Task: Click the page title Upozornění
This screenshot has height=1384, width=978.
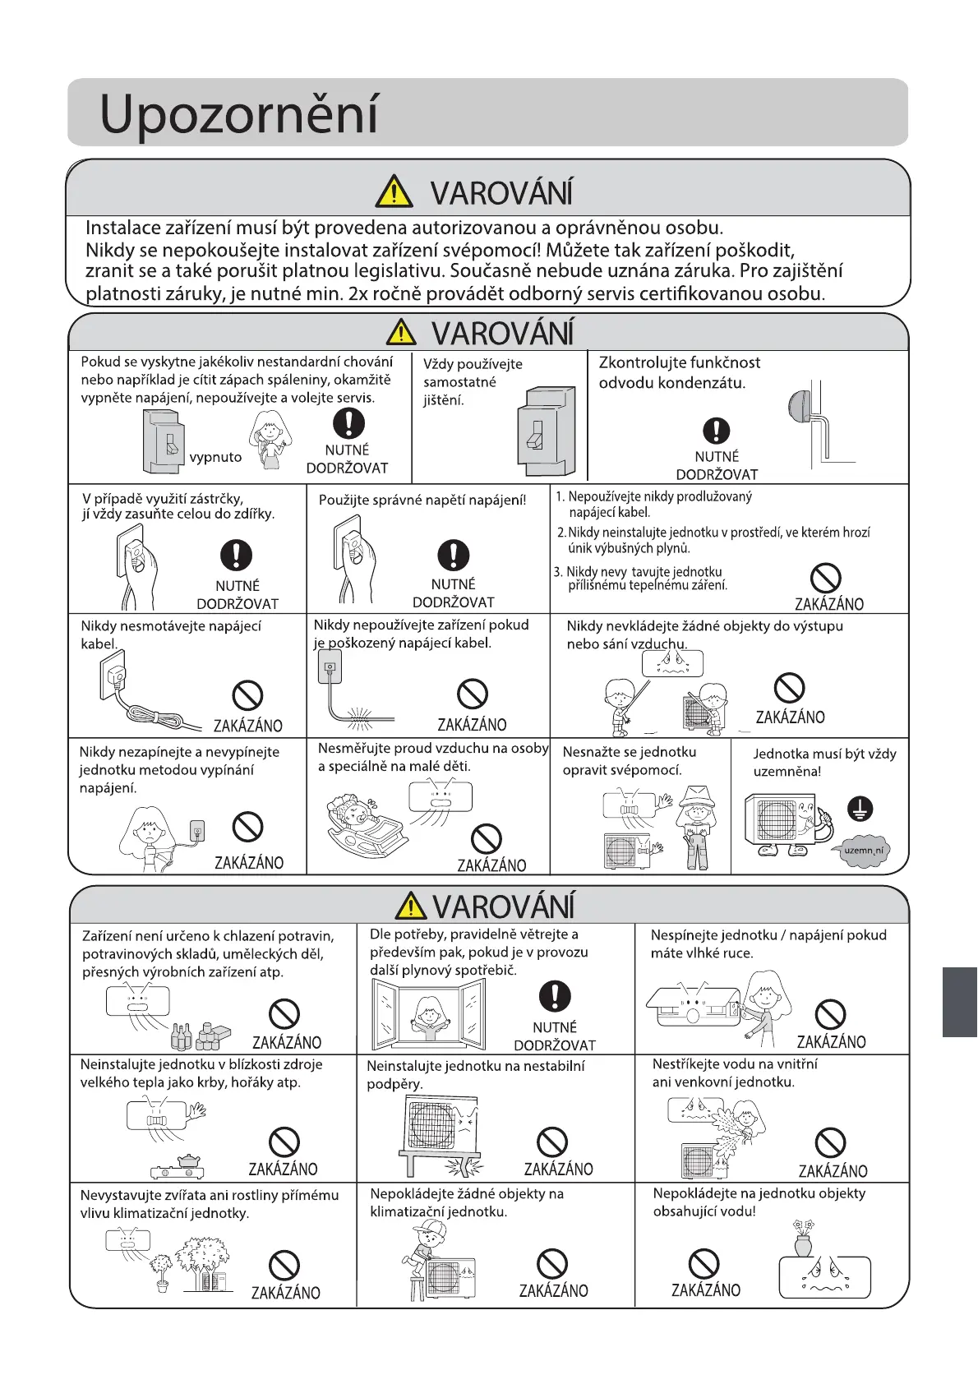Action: point(238,113)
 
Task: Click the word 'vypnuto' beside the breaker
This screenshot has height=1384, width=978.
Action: point(215,457)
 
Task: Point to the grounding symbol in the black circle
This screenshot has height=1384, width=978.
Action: point(860,810)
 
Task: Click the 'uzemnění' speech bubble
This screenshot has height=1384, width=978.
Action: point(863,851)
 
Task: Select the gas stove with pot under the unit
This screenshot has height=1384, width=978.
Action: point(178,1167)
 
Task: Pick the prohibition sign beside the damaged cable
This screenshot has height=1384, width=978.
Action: point(472,694)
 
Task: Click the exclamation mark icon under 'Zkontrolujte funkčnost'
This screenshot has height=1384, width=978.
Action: point(717,430)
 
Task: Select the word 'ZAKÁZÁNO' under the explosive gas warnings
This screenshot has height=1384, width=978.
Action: point(828,604)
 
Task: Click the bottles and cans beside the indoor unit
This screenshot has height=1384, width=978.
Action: point(200,1036)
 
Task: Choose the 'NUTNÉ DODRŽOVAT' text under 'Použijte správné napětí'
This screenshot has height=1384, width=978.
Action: point(453,593)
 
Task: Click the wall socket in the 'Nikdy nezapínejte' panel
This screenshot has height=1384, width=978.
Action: point(196,831)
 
